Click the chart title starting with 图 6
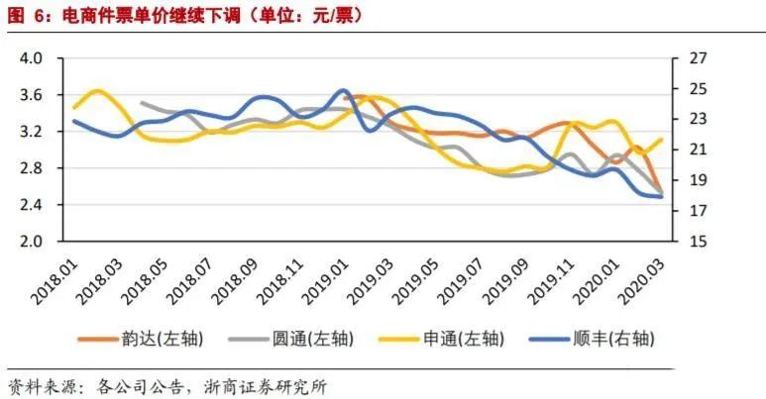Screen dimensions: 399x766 point(183,16)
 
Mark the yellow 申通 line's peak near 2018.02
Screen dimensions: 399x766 point(97,91)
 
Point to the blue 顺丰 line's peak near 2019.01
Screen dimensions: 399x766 point(343,90)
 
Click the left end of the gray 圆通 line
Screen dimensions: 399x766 point(142,102)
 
